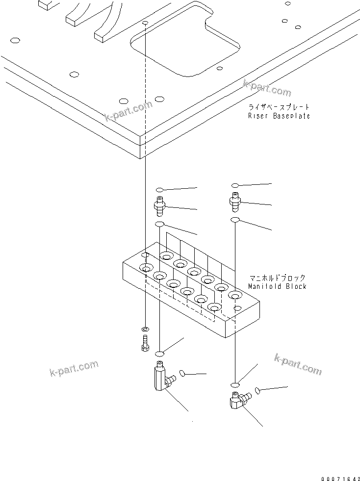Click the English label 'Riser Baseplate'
tap(279, 116)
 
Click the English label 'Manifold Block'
tap(277, 286)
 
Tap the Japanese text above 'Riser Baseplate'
tap(279, 107)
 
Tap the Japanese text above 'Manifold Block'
tap(277, 278)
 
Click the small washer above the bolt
tap(145, 328)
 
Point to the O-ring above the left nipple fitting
tap(160, 189)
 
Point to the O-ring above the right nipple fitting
tap(235, 186)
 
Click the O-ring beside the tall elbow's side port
tap(183, 374)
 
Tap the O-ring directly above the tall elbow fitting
tap(160, 354)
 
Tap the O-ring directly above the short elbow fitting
tap(235, 384)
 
